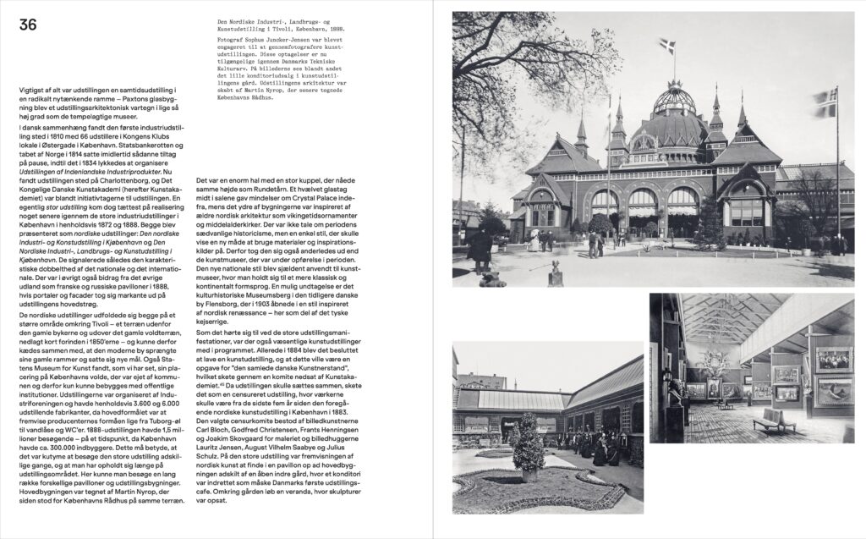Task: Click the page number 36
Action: click(x=28, y=26)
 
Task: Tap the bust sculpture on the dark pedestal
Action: click(x=674, y=393)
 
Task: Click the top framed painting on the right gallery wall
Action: click(x=833, y=358)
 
